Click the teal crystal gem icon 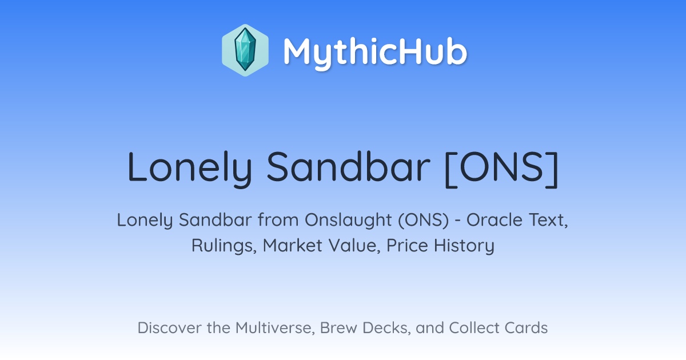tap(245, 50)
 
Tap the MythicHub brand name tap(375, 53)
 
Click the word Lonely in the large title tap(190, 168)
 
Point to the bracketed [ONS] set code tap(502, 169)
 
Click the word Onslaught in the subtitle tap(348, 221)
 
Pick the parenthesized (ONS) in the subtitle tap(424, 221)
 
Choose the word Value tap(354, 246)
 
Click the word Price tap(407, 246)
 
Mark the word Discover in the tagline tap(169, 328)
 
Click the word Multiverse tap(275, 328)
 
